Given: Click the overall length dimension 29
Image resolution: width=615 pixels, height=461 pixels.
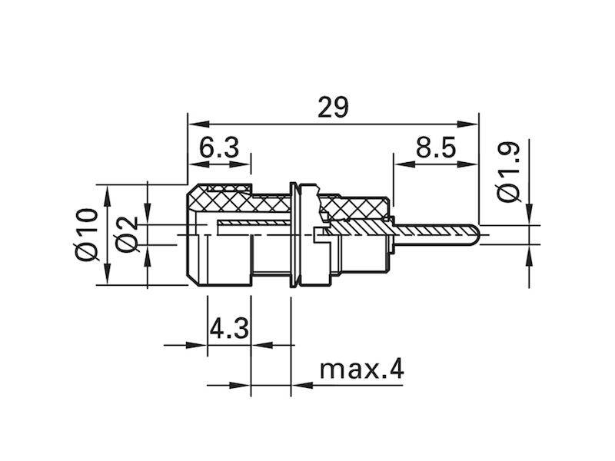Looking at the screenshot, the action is pyautogui.click(x=333, y=107).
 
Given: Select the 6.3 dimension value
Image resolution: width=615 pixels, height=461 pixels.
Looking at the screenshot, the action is pyautogui.click(x=219, y=148).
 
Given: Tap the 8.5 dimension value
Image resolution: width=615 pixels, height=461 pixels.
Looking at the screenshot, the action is pyautogui.click(x=436, y=148).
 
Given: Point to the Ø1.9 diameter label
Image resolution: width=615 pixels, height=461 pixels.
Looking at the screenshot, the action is pyautogui.click(x=508, y=172).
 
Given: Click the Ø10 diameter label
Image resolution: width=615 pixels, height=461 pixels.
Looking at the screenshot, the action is pyautogui.click(x=86, y=234).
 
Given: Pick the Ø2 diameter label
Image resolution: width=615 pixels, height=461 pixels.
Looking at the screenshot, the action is pyautogui.click(x=126, y=234).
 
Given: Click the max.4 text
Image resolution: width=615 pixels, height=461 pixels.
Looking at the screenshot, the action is pyautogui.click(x=361, y=370).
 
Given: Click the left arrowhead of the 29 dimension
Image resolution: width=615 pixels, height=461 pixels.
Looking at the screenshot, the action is pyautogui.click(x=198, y=124).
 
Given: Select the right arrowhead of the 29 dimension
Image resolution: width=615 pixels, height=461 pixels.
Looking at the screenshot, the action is pyautogui.click(x=468, y=124).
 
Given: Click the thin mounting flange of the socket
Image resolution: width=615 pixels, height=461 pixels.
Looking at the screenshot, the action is pyautogui.click(x=292, y=234).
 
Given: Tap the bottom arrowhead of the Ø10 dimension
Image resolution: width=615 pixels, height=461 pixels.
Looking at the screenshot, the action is pyautogui.click(x=107, y=274).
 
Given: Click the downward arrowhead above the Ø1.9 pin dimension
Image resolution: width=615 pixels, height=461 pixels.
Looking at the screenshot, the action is pyautogui.click(x=529, y=214).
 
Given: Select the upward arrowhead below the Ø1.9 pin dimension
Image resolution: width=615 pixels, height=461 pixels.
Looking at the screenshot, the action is pyautogui.click(x=529, y=256).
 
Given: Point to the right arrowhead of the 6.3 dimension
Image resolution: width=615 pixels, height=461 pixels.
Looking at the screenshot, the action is pyautogui.click(x=240, y=164).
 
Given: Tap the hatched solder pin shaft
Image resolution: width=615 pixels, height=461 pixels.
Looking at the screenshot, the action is pyautogui.click(x=434, y=234).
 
